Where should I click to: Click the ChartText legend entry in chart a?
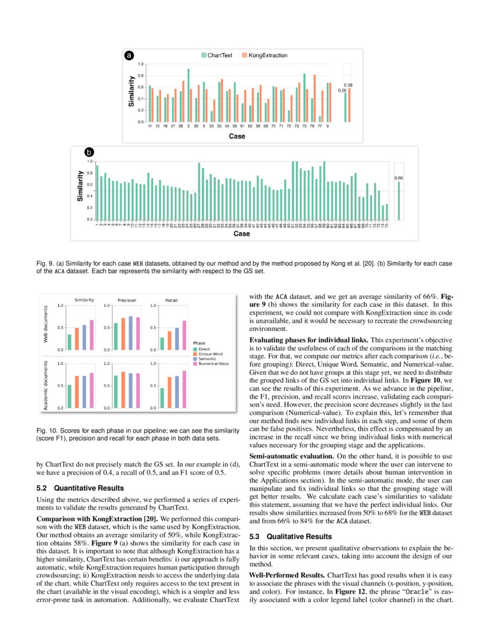[x=217, y=55]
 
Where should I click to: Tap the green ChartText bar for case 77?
[x=320, y=119]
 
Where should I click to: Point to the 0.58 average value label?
[x=349, y=85]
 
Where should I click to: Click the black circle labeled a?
[x=130, y=55]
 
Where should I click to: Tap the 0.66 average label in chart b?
[x=399, y=177]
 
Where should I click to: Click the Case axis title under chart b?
[x=242, y=233]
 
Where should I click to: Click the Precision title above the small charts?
[x=127, y=300]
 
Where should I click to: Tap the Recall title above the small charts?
[x=172, y=300]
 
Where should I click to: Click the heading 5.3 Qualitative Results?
[x=290, y=536]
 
